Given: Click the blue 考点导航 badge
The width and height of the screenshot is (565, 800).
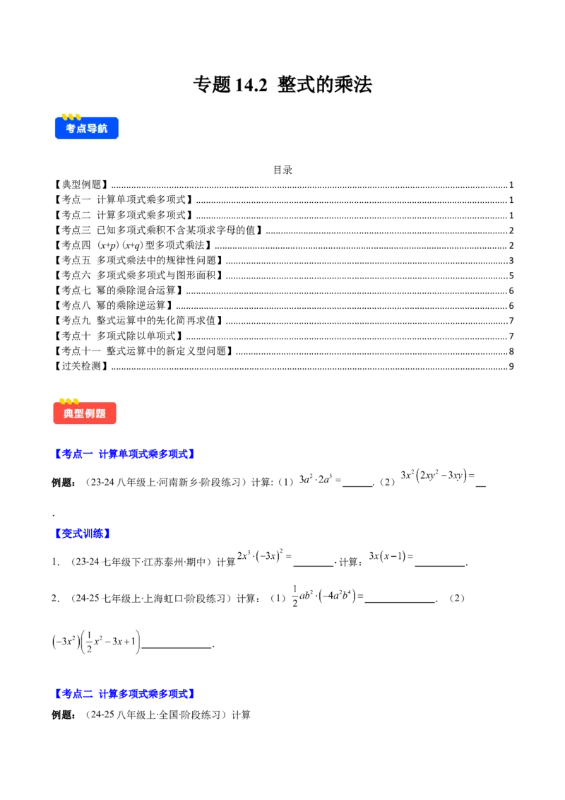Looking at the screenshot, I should click(87, 129).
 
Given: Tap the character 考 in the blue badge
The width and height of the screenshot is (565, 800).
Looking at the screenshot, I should click(71, 129).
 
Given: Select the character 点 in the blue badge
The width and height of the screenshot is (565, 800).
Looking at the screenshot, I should click(81, 129).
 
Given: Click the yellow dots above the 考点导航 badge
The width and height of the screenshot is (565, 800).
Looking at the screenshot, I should click(71, 117).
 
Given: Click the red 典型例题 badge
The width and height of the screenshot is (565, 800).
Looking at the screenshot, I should click(85, 413).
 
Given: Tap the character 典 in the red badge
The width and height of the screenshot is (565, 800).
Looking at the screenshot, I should click(69, 413).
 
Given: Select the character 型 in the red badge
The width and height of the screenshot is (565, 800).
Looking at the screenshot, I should click(79, 413).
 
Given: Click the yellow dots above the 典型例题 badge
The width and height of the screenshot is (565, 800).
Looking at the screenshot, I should click(69, 401).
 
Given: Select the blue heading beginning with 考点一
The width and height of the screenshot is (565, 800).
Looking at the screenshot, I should click(124, 454).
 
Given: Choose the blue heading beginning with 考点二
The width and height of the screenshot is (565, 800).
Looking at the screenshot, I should click(124, 693).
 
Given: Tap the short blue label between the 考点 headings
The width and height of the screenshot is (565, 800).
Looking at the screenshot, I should click(82, 534).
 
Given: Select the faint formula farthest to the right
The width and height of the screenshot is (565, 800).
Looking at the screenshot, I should click(436, 476).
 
